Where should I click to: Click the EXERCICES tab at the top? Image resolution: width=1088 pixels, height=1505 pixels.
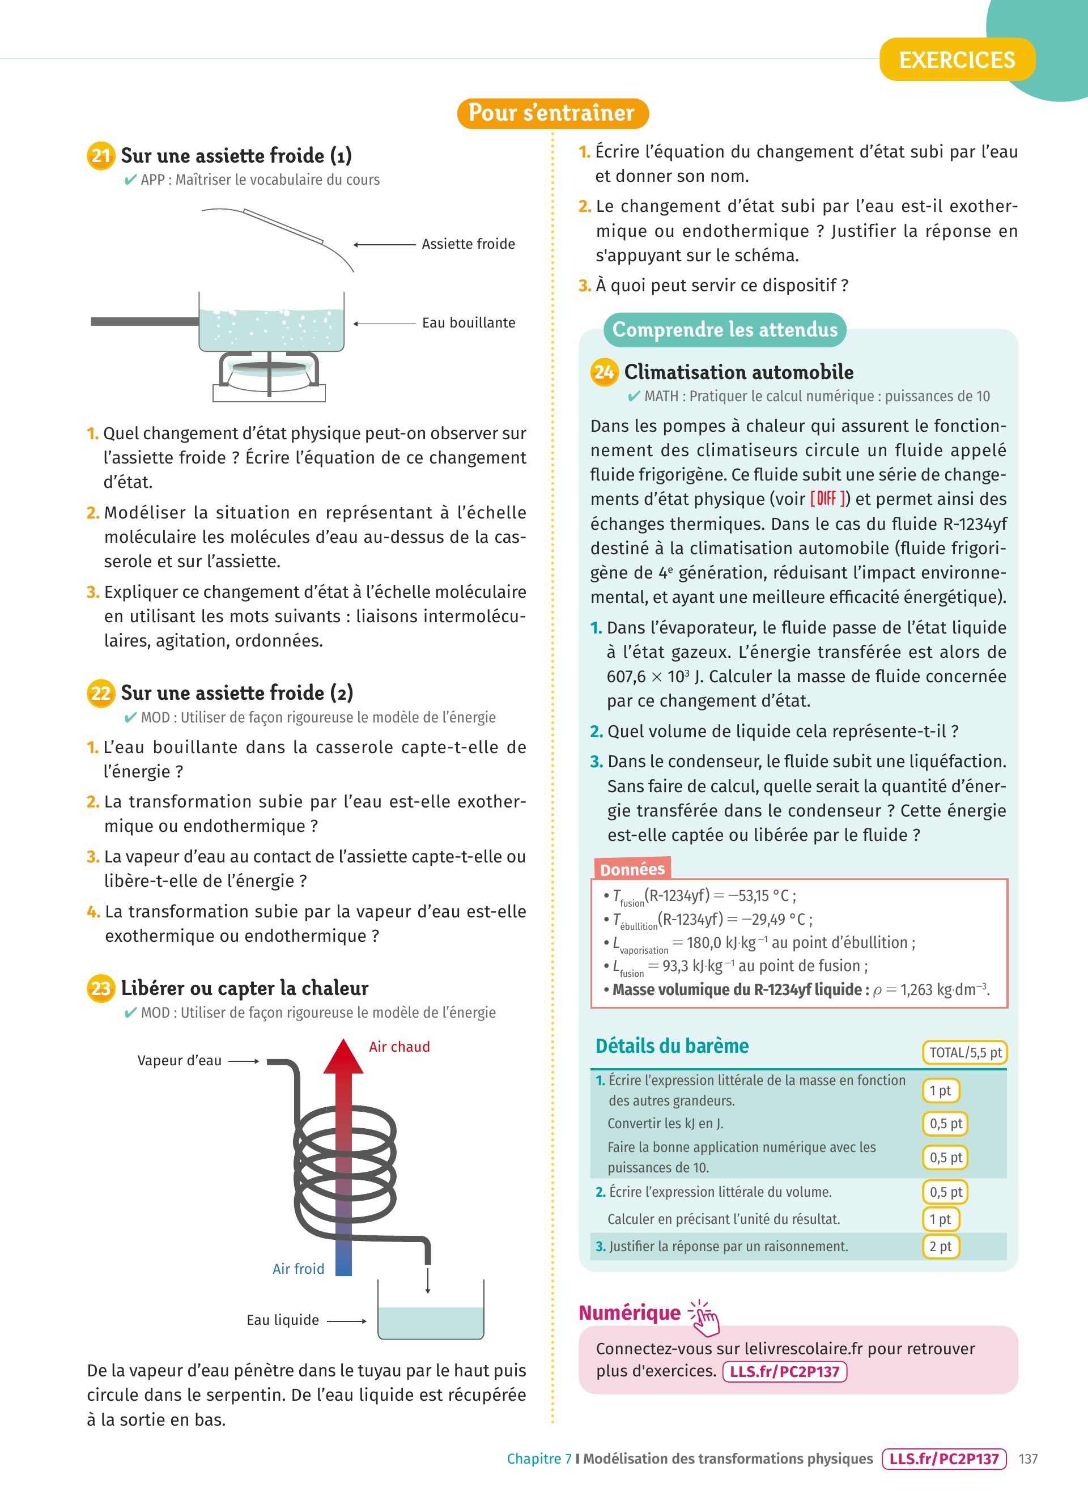click(957, 59)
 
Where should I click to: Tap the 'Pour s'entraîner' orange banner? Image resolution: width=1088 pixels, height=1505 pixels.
click(551, 113)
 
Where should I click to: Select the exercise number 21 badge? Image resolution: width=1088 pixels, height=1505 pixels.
click(100, 156)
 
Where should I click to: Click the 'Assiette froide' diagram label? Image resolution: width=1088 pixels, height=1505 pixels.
click(469, 244)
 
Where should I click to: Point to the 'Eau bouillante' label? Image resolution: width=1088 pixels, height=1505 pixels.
click(469, 323)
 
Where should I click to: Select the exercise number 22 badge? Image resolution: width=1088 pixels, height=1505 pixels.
click(100, 694)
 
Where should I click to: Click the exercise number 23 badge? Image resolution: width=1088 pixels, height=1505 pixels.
click(100, 989)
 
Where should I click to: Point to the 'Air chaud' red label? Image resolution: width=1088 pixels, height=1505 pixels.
click(399, 1047)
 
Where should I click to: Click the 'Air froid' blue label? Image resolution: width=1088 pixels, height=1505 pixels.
click(299, 1269)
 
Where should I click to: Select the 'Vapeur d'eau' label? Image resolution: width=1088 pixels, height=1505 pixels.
click(179, 1060)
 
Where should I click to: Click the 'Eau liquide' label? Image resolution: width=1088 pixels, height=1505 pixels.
click(283, 1320)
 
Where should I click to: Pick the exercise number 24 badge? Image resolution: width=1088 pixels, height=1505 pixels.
click(603, 372)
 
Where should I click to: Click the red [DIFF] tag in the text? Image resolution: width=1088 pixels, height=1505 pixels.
click(827, 499)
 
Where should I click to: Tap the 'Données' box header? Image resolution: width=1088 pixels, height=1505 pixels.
click(632, 869)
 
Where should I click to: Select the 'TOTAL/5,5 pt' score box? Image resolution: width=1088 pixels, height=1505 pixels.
click(964, 1052)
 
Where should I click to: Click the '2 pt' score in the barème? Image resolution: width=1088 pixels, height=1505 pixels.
click(940, 1246)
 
